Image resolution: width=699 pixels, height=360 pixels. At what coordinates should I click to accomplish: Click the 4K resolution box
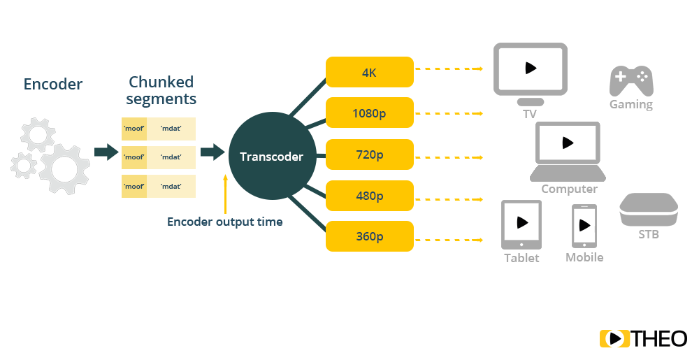(369, 72)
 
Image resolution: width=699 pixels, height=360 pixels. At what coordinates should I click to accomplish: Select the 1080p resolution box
(369, 113)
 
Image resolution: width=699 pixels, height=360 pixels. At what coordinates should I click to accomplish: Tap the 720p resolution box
(369, 154)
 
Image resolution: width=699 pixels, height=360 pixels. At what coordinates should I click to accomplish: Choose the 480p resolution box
(369, 195)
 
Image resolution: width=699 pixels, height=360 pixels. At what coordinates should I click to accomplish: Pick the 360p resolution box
(369, 236)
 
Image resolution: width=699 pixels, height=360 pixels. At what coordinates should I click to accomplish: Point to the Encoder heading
(53, 85)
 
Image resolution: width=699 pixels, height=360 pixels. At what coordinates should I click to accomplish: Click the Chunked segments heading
(161, 90)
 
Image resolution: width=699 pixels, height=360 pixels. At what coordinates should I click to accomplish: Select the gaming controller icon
(630, 81)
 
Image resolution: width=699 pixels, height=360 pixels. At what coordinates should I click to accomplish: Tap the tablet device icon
(521, 224)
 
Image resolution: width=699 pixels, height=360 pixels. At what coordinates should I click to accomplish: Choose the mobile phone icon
(584, 226)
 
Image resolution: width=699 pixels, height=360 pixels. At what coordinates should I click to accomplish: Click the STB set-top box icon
(648, 210)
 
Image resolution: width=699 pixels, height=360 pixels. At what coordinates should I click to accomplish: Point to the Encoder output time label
(225, 222)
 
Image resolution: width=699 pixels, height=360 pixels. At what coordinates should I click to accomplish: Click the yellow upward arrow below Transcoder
(226, 194)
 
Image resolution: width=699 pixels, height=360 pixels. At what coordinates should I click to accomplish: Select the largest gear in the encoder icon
(64, 168)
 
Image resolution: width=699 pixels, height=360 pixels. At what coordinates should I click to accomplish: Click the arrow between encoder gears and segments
(106, 152)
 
